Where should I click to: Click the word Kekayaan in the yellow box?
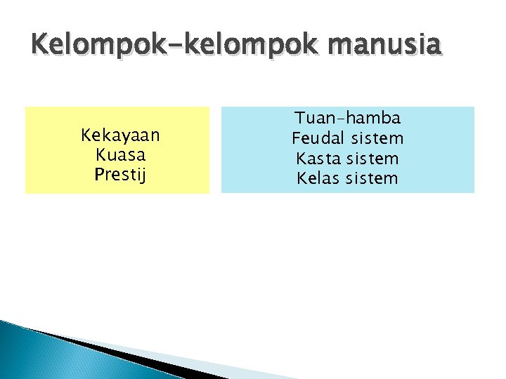120,134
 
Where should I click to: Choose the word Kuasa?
120,154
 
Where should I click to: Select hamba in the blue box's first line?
374,117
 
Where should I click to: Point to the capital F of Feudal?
297,138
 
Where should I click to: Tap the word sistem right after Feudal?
379,138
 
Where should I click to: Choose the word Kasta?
317,158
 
